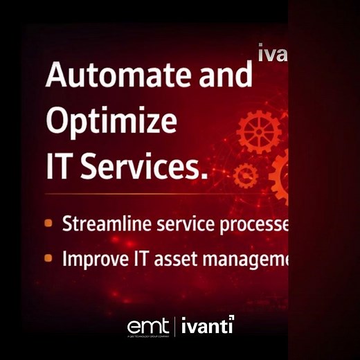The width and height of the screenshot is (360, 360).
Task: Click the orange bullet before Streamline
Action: [48, 224]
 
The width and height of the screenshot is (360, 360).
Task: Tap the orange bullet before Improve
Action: [48, 258]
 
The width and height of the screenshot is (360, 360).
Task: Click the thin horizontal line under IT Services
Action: [166, 193]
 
